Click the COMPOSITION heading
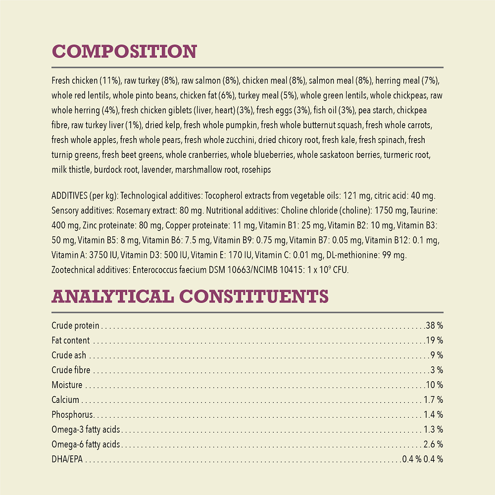[124, 52]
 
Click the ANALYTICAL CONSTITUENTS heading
[190, 297]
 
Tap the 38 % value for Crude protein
[434, 326]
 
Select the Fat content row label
[71, 341]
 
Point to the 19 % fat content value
[435, 341]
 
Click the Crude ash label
[69, 355]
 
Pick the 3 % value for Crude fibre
[437, 370]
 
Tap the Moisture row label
[67, 385]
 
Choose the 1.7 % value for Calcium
[433, 400]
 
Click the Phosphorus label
[72, 415]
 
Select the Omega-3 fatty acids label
[86, 430]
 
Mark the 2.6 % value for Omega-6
[433, 445]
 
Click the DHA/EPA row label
[67, 459]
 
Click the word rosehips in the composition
[256, 170]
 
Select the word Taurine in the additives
[424, 210]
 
